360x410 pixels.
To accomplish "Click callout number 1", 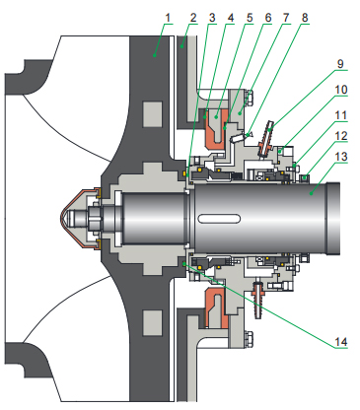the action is (168, 18).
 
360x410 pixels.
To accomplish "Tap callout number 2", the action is (193, 18).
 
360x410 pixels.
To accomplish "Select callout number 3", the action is (212, 18).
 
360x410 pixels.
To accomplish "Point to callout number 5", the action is (250, 18).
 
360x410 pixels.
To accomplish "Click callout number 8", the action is (305, 18).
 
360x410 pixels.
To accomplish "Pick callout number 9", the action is (340, 63).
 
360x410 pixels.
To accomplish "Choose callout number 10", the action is (341, 90).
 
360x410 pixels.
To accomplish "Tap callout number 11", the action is (341, 115).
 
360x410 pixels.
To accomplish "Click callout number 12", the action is (341, 136).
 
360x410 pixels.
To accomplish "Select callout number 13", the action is (341, 157).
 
